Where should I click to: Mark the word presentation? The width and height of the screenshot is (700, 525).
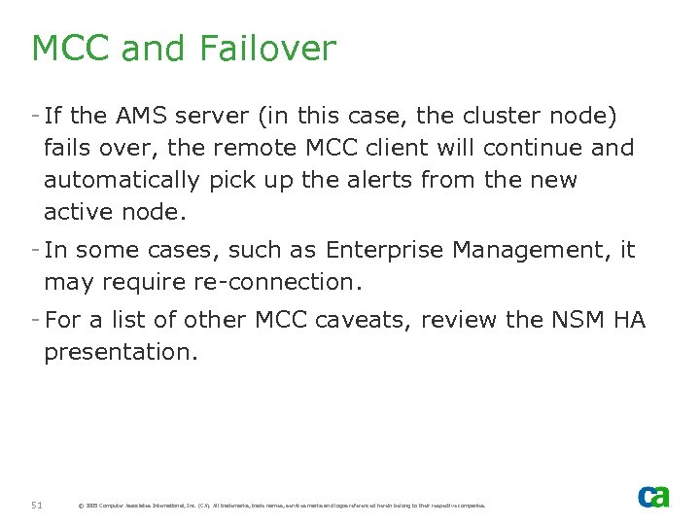point(121,353)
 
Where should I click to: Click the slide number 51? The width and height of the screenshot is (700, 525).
point(37,505)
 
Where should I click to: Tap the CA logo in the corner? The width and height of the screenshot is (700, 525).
point(653,497)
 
